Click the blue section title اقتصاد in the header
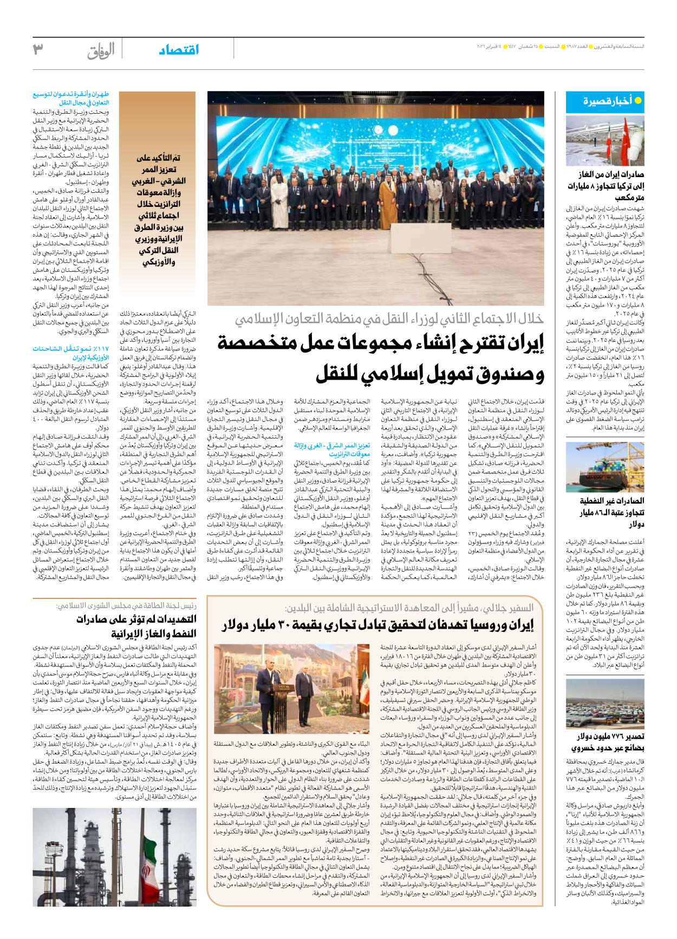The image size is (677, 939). (x=179, y=50)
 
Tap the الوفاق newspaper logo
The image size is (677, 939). (x=101, y=51)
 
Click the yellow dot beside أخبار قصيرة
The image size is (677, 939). (x=637, y=101)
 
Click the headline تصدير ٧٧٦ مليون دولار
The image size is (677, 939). (x=611, y=736)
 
